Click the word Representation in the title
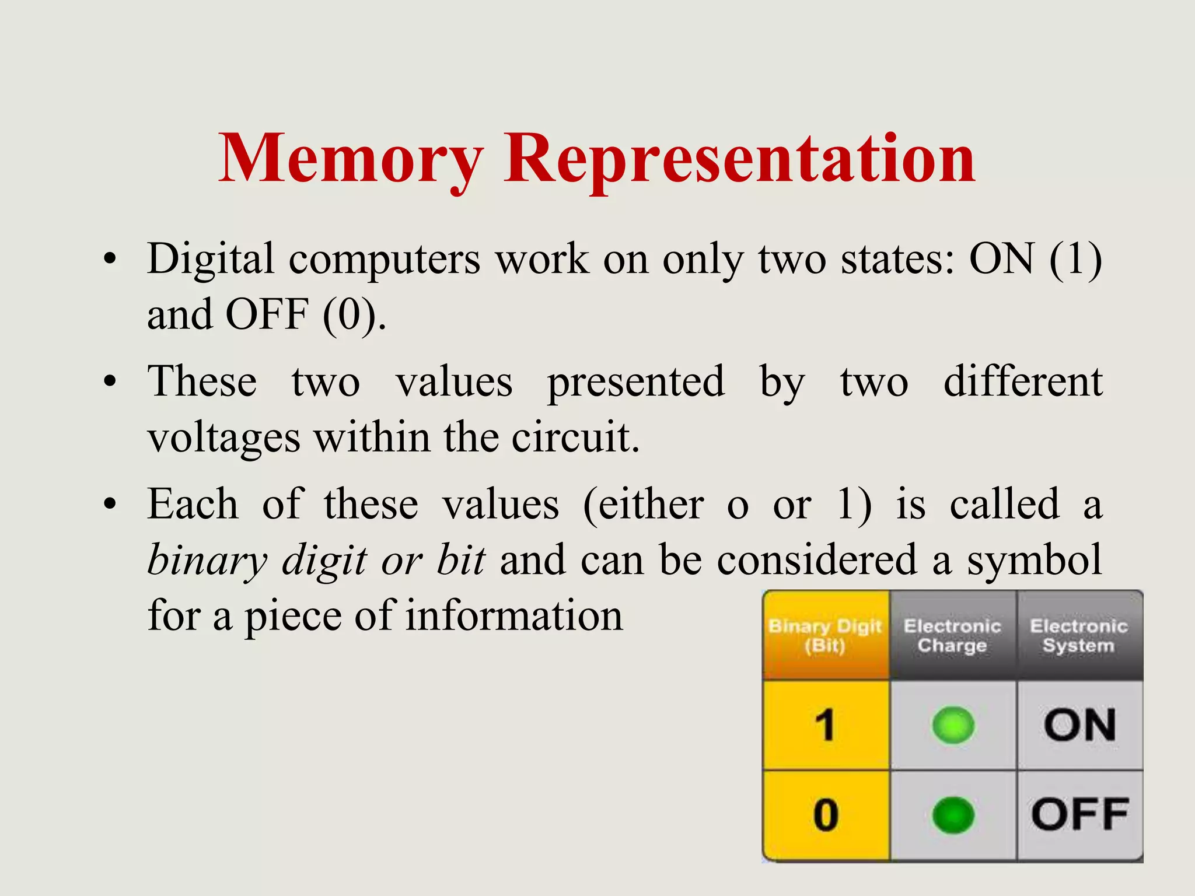739,159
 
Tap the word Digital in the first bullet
210,259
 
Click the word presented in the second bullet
636,382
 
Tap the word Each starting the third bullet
193,504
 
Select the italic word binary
207,560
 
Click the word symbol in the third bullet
1035,560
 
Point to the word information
514,616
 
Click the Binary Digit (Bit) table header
825,635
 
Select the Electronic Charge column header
952,635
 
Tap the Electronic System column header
1079,635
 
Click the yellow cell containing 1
825,725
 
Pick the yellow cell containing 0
825,815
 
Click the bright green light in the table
953,725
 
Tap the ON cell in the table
1079,725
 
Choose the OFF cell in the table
1079,815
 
